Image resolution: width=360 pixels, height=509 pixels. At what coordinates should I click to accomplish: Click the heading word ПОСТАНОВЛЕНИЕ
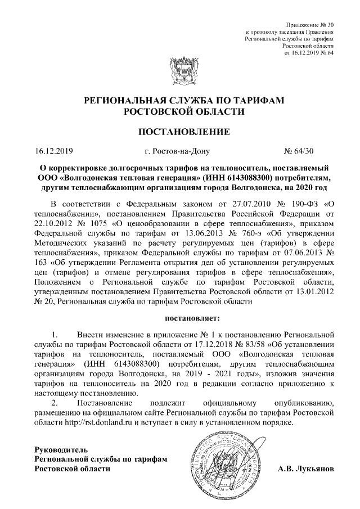(x=180, y=133)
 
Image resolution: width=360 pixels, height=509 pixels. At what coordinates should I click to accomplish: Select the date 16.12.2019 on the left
(x=50, y=151)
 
